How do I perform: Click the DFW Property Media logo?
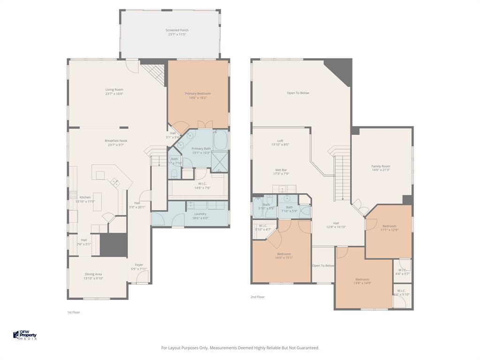(x=25, y=335)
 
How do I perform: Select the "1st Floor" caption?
(x=73, y=312)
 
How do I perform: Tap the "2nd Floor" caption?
(x=257, y=297)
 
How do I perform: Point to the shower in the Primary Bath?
(x=219, y=160)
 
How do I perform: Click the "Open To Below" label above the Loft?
(x=298, y=93)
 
